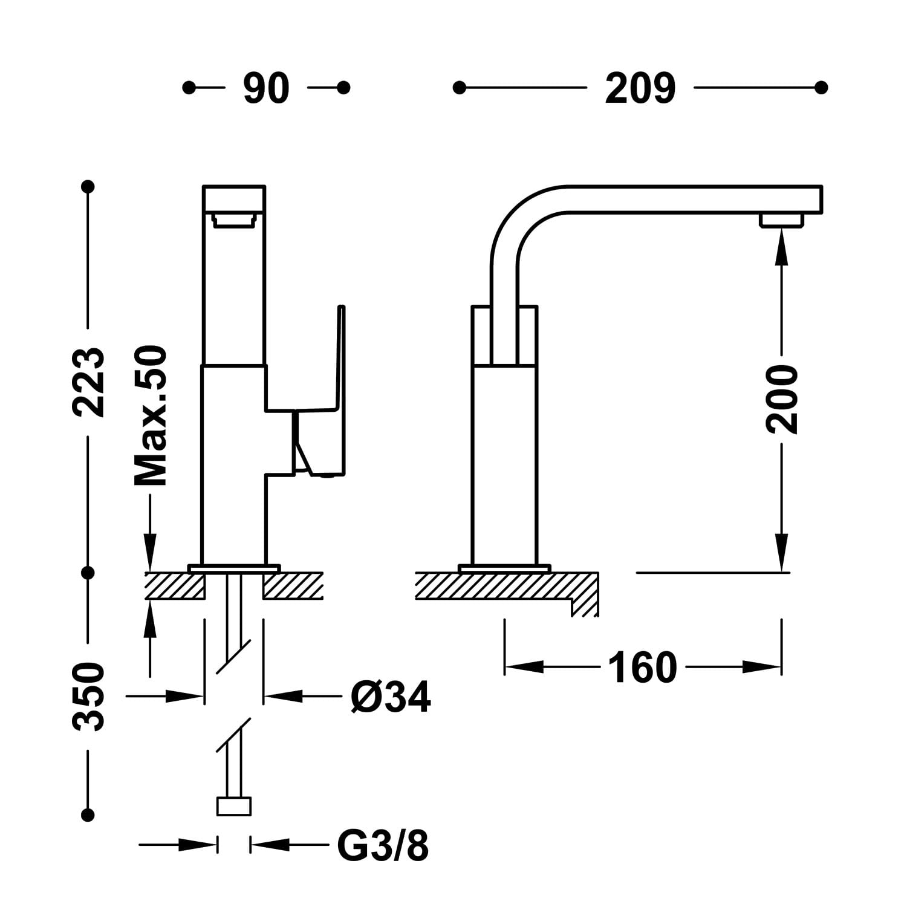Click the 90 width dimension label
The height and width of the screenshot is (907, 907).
pyautogui.click(x=266, y=89)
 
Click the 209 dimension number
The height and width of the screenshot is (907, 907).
pyautogui.click(x=640, y=89)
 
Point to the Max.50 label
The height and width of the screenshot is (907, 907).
pyautogui.click(x=150, y=416)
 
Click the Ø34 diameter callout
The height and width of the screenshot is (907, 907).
pyautogui.click(x=391, y=697)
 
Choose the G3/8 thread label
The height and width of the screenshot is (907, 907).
pyautogui.click(x=382, y=845)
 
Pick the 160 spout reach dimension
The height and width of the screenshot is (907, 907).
pyautogui.click(x=642, y=668)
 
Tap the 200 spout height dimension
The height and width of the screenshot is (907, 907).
pyautogui.click(x=782, y=399)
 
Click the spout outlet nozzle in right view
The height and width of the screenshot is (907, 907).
pyautogui.click(x=782, y=219)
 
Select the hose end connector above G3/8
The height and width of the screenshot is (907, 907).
pyautogui.click(x=233, y=806)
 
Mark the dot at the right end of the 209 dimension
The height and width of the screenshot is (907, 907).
pyautogui.click(x=821, y=88)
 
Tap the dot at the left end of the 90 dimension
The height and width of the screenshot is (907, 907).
pyautogui.click(x=189, y=88)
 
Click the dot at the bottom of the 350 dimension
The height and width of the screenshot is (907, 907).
pyautogui.click(x=89, y=815)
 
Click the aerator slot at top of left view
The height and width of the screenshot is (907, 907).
pyautogui.click(x=233, y=221)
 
